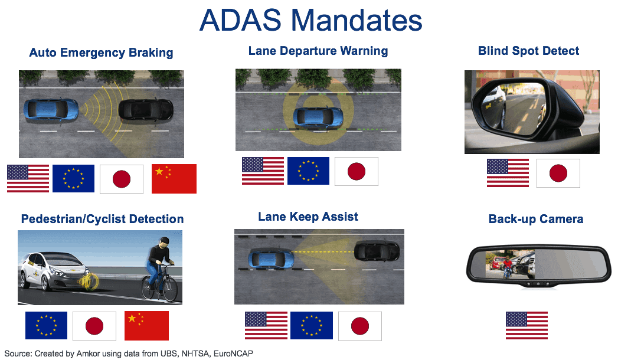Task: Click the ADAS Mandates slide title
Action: coord(311,21)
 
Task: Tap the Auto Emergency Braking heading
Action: coord(101,53)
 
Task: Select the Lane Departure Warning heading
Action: coord(318,51)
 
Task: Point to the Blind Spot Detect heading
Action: coord(528,51)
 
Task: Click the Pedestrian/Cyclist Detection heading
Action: coord(102,219)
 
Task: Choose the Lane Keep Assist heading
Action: coord(308,217)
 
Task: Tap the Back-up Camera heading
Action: coord(536,219)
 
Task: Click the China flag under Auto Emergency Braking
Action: coord(174,179)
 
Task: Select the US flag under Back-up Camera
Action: coord(527,326)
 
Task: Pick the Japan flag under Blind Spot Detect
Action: coord(558,173)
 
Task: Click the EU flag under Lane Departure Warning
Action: coord(308,171)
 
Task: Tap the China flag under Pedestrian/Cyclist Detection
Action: coord(147,326)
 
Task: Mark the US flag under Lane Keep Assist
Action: coord(266,326)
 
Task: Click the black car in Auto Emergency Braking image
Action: coord(146,110)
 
